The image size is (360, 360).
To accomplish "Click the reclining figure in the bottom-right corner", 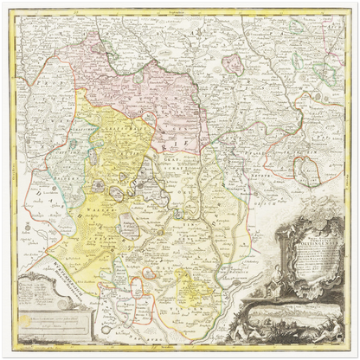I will (x=333, y=329).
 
